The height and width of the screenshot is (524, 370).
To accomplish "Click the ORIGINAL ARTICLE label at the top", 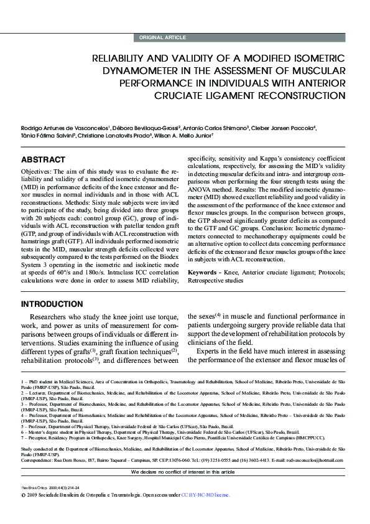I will pyautogui.click(x=162, y=38).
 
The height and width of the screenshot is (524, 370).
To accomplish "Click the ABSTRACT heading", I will pyautogui.click(x=43, y=160).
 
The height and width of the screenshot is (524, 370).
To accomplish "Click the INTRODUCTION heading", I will pyautogui.click(x=52, y=304).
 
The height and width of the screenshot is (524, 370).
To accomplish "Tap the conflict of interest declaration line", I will pyautogui.click(x=185, y=472).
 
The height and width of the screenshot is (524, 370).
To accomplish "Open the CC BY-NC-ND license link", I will pyautogui.click(x=205, y=495).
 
